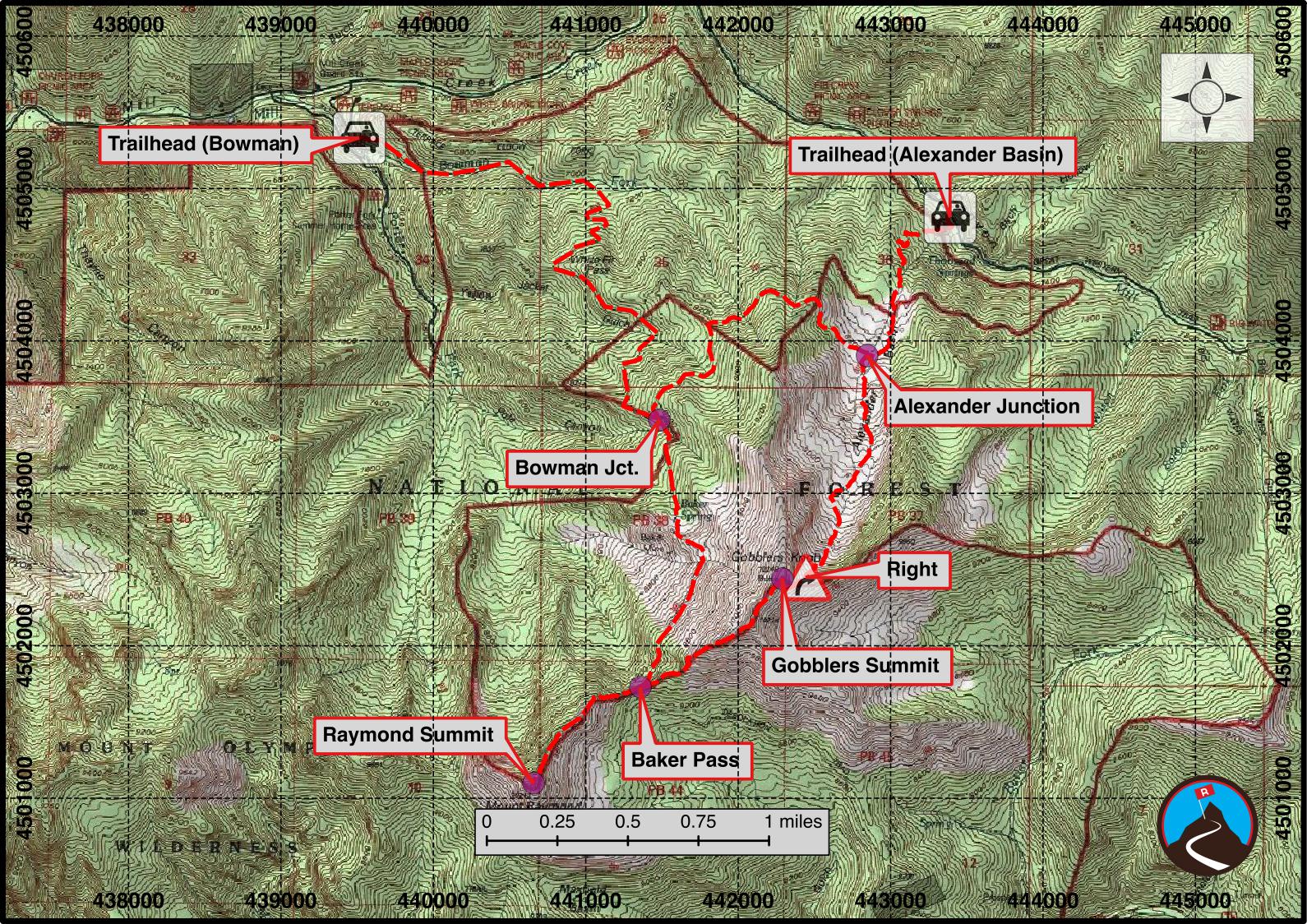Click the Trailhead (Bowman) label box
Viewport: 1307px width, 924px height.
204,145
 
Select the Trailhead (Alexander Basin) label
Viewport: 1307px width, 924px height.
930,155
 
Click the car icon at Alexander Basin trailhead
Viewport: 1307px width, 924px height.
950,216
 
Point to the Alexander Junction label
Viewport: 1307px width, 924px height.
986,406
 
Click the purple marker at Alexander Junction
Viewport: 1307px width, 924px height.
866,356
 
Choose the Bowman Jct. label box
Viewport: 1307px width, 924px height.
576,469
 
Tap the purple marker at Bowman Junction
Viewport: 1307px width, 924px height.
659,419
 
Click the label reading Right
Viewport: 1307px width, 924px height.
912,569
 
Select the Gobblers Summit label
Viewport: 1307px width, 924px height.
855,665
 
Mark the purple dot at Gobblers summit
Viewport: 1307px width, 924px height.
782,578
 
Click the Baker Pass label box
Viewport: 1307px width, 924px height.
685,760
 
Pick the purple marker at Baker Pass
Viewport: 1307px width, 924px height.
640,686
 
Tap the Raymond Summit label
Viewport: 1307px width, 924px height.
408,734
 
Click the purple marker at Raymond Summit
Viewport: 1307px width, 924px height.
533,782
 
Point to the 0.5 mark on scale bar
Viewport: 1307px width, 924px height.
627,839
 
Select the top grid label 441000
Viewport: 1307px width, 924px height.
585,24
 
